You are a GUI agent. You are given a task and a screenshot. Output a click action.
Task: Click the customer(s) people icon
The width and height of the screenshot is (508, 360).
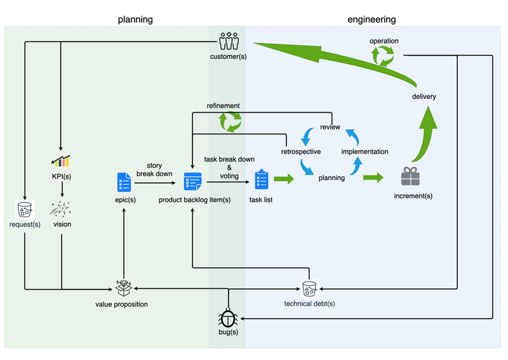coord(228,41)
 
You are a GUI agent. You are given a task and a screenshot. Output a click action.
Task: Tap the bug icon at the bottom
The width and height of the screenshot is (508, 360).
coord(228,317)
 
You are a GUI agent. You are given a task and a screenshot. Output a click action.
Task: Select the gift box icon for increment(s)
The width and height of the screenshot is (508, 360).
coord(410,177)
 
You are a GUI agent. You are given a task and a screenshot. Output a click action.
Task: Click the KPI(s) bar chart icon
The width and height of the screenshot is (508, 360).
coord(61,161)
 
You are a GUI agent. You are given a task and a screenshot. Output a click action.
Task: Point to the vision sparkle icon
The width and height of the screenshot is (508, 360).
coord(61,208)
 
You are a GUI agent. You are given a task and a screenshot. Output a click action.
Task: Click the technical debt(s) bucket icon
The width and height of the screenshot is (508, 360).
coord(309,289)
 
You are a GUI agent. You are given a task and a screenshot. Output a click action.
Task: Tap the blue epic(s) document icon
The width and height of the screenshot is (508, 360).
coord(124,182)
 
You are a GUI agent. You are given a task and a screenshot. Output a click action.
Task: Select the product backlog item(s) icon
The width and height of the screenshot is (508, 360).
coord(192,182)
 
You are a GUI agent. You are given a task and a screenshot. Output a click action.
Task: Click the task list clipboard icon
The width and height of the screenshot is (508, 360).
coord(262,180)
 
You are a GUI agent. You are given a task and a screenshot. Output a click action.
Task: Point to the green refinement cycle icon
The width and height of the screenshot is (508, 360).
coord(230,121)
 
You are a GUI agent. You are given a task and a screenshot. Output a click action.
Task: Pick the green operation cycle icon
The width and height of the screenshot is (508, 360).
coord(384,57)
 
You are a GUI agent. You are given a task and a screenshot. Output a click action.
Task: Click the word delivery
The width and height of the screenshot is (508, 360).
coord(424,97)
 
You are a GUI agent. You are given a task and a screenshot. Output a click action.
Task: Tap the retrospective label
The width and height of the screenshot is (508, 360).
coord(300,152)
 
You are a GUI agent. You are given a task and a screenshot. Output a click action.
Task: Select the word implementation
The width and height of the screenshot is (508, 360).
coord(364,152)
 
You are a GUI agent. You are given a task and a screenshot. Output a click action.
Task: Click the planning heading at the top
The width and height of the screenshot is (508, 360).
coord(135,20)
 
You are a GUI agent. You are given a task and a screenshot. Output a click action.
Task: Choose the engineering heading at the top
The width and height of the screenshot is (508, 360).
coord(372,20)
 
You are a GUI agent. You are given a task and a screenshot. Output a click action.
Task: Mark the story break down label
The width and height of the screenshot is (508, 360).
coord(154,170)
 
